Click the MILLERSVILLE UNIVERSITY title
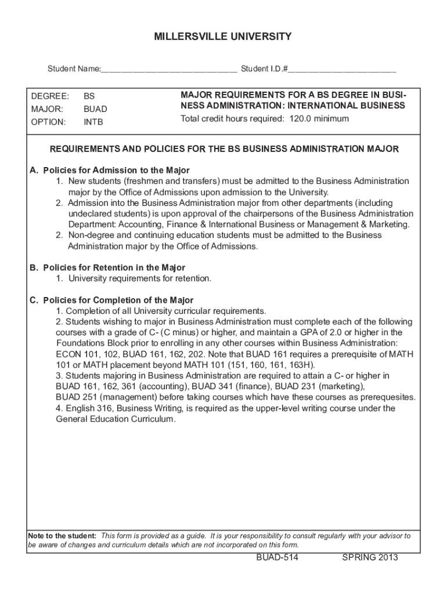223,37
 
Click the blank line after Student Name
168,70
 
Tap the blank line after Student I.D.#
342,70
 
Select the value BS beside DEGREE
89,96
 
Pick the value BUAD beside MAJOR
95,109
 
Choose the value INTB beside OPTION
93,122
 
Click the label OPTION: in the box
48,122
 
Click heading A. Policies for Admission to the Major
110,171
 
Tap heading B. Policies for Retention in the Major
107,268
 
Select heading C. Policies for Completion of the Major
111,300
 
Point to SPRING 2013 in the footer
370,558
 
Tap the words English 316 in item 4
86,408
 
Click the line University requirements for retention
140,279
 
